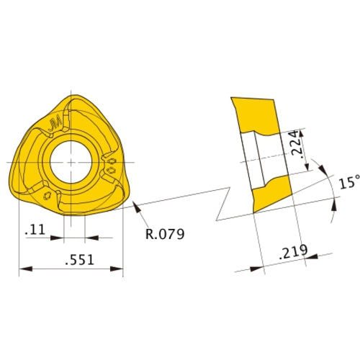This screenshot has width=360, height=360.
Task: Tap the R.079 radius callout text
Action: pyautogui.click(x=164, y=234)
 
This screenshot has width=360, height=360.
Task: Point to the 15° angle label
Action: pyautogui.click(x=346, y=184)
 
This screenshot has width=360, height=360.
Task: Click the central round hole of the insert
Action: pyautogui.click(x=71, y=160)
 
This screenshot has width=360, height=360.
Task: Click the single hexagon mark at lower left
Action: pyautogui.click(x=48, y=195)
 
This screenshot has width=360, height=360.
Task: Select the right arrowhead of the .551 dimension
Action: pyautogui.click(x=119, y=270)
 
